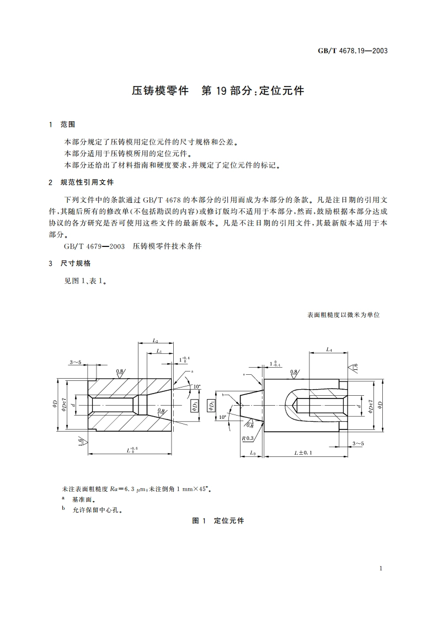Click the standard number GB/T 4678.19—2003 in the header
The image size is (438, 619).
coord(352,51)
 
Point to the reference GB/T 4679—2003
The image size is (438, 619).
coord(94,246)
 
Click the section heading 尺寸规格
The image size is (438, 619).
coord(76,263)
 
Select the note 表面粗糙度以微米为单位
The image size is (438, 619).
coord(343,315)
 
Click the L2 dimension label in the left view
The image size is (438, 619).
coord(156,341)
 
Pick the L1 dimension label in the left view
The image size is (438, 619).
coord(159,351)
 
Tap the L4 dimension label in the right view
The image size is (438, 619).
coord(329,349)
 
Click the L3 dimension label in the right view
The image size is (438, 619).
coord(253,452)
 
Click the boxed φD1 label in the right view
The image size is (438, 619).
coord(212,406)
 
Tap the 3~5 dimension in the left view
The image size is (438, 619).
coord(76,362)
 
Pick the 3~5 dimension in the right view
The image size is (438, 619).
coord(358,443)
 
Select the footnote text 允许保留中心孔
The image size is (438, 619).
coord(97,510)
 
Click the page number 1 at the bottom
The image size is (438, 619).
coord(381,568)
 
